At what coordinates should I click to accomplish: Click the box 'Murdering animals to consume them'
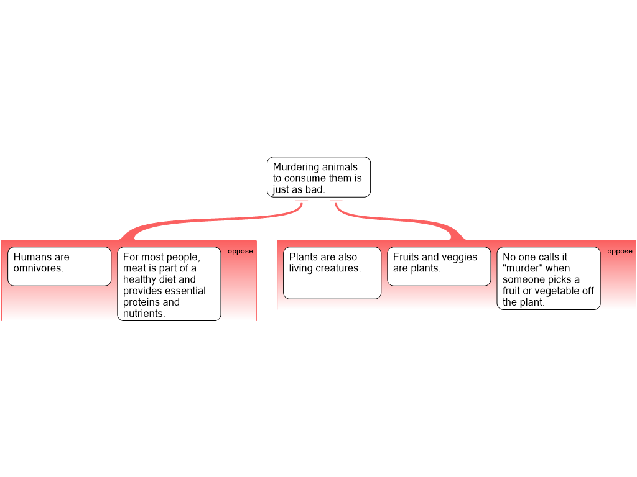point(318,177)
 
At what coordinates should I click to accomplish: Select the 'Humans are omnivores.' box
point(59,266)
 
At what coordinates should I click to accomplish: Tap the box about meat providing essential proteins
point(169,284)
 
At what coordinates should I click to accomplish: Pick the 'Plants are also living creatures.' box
point(332,273)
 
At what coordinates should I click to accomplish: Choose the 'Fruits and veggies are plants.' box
point(439,266)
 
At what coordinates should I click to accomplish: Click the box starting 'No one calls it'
point(549,278)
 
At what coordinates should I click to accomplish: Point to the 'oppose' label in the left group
point(241,252)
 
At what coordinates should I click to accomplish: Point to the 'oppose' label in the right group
point(620,252)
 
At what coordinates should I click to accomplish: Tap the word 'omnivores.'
point(39,268)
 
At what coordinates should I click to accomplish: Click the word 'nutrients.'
point(144,314)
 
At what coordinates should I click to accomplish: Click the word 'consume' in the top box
point(305,178)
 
